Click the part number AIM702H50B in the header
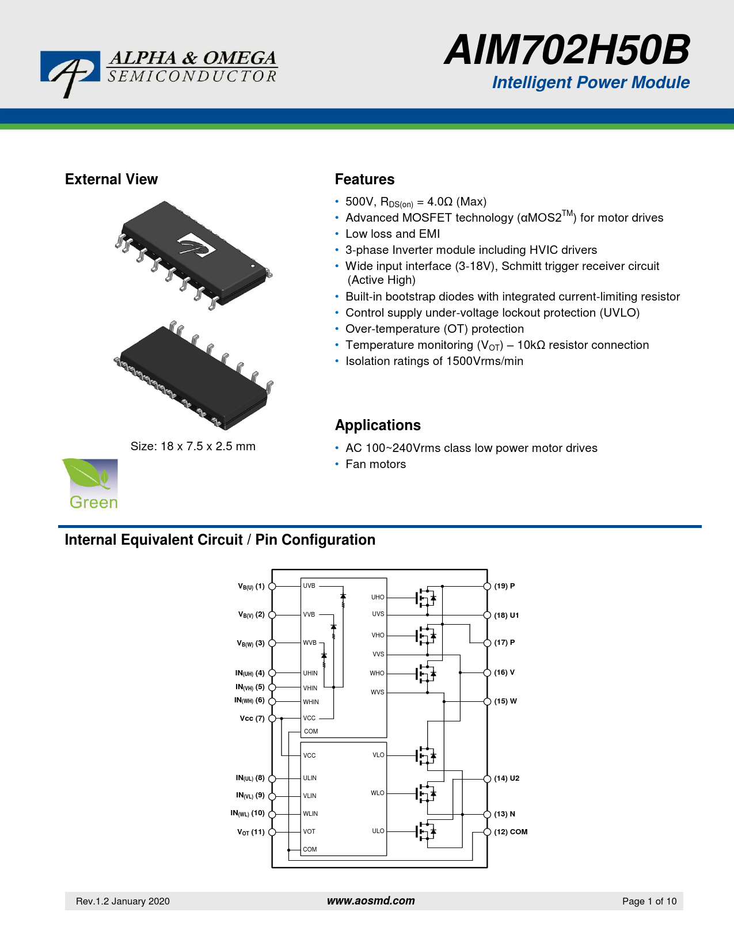566,50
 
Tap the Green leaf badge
90,484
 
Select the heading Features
364,180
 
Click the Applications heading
378,425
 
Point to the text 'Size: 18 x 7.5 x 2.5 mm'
193,446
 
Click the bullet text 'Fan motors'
375,464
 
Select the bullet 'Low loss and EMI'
393,234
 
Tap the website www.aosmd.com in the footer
371,900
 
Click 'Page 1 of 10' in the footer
649,901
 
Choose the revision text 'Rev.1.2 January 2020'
123,901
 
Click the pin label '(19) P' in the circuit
504,586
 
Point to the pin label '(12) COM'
511,832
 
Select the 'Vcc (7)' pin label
252,719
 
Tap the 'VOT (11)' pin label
251,832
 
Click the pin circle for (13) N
487,814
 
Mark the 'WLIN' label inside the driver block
310,814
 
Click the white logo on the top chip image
196,246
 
